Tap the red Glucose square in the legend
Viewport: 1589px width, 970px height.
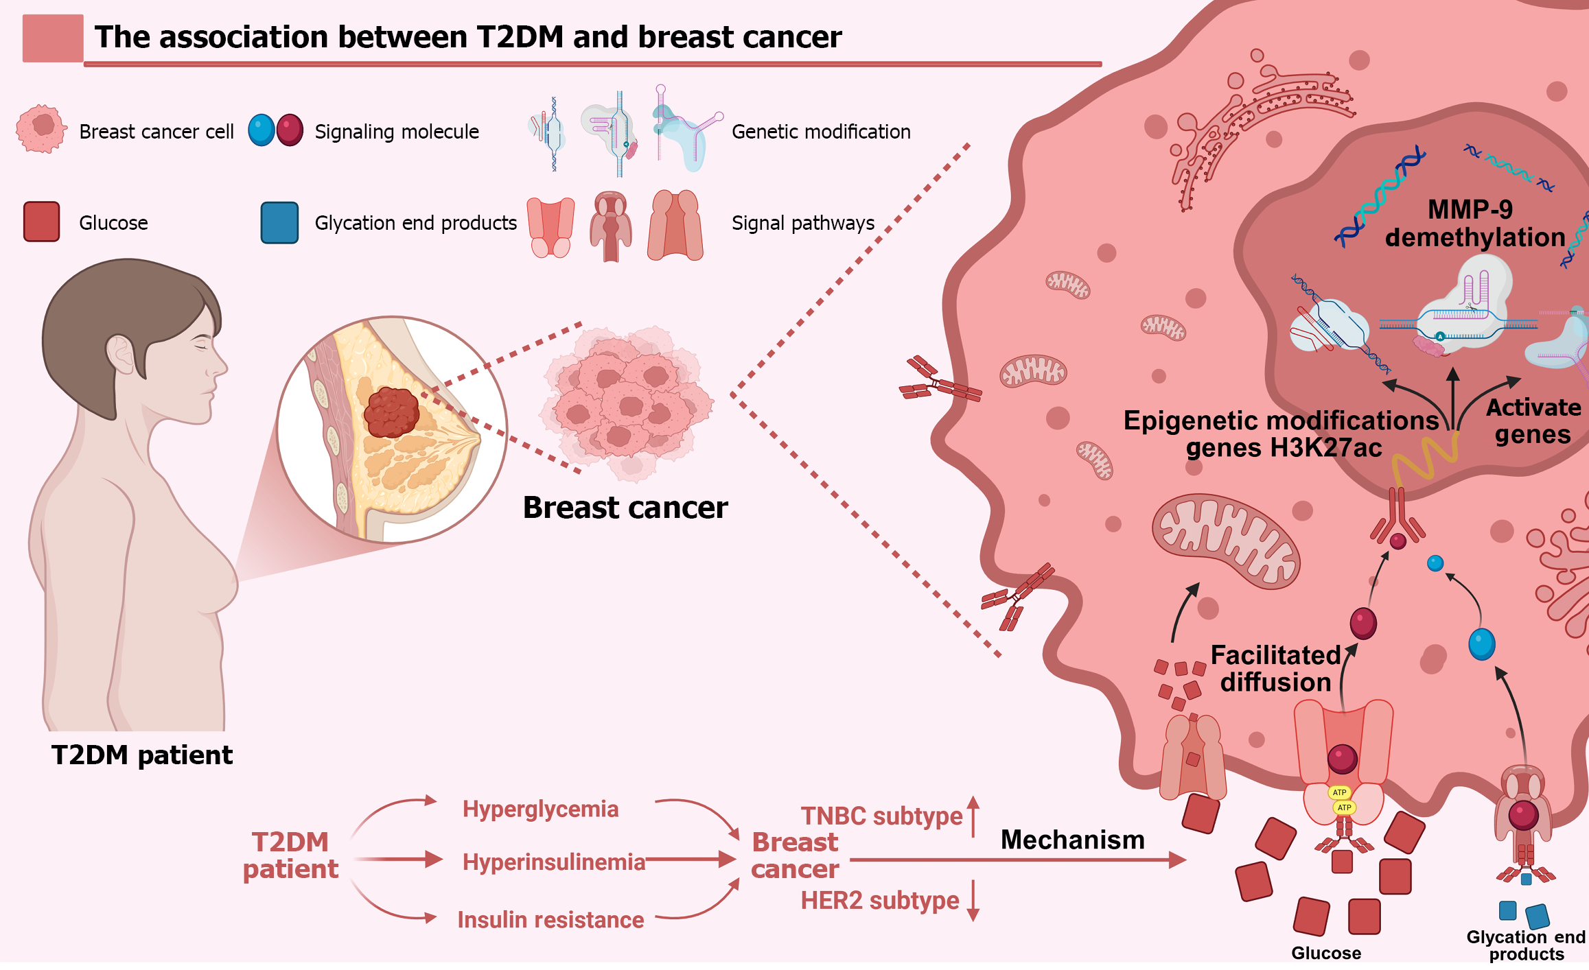pyautogui.click(x=41, y=222)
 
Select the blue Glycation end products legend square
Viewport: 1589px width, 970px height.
pyautogui.click(x=279, y=222)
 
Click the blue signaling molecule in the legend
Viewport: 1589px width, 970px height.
pyautogui.click(x=261, y=130)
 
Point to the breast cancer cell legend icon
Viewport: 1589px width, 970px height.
pyautogui.click(x=41, y=129)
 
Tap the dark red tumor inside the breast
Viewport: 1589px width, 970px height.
pyautogui.click(x=391, y=412)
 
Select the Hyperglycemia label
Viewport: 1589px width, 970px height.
pyautogui.click(x=540, y=809)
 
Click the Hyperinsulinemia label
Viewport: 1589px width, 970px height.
pyautogui.click(x=553, y=862)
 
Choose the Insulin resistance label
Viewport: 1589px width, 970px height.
pyautogui.click(x=550, y=920)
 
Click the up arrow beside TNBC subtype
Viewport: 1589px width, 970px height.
pyautogui.click(x=973, y=816)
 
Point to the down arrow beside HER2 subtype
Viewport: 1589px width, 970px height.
pyautogui.click(x=973, y=901)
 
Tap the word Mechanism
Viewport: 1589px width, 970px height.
pyautogui.click(x=1072, y=840)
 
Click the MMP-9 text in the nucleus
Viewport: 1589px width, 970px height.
pyautogui.click(x=1470, y=209)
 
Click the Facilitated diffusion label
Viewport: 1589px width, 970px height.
pyautogui.click(x=1275, y=669)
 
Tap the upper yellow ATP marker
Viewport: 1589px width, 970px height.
pyautogui.click(x=1339, y=792)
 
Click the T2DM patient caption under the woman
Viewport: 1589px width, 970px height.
pyautogui.click(x=142, y=755)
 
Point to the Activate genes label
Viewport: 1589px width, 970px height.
pyautogui.click(x=1533, y=421)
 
